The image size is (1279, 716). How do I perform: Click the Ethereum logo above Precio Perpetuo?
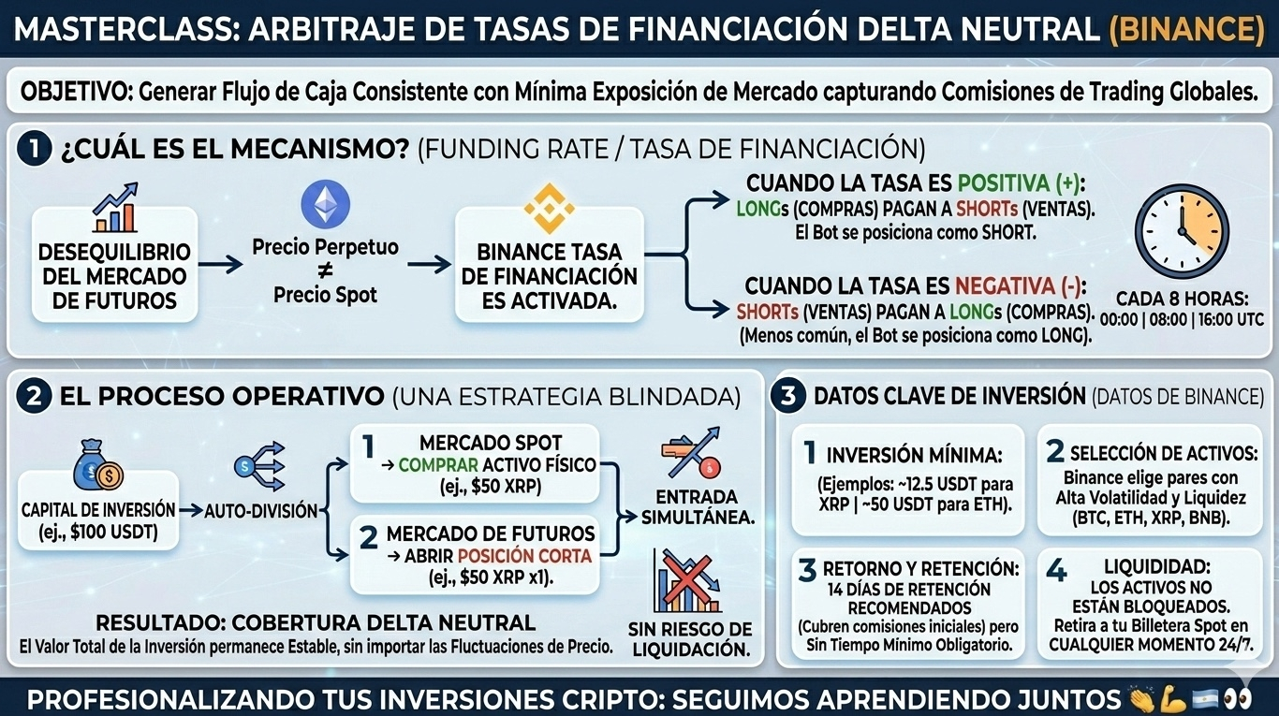pyautogui.click(x=325, y=203)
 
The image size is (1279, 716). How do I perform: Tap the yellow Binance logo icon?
pyautogui.click(x=548, y=208)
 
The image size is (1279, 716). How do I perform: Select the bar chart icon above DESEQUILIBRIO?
pyautogui.click(x=115, y=208)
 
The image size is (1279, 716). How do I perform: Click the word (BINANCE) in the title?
pyautogui.click(x=1186, y=30)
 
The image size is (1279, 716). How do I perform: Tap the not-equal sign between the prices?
pyautogui.click(x=325, y=271)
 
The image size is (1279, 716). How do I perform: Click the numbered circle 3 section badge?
pyautogui.click(x=788, y=396)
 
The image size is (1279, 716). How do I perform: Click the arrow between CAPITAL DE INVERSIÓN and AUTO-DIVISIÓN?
pyautogui.click(x=191, y=511)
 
